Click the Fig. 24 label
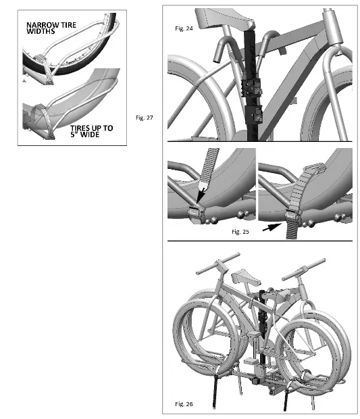[x=184, y=28]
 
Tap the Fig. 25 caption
[x=240, y=232]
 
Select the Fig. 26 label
[x=184, y=403]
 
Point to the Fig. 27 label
[x=145, y=118]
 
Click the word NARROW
[x=43, y=25]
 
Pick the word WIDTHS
[x=41, y=31]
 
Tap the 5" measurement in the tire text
[x=74, y=134]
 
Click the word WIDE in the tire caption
[x=89, y=134]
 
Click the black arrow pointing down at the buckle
[x=201, y=194]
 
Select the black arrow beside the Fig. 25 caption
[x=272, y=227]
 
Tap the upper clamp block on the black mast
[x=251, y=87]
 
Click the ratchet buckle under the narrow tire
[x=41, y=58]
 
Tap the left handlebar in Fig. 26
[x=218, y=264]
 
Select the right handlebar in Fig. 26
[x=304, y=270]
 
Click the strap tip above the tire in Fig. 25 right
[x=315, y=168]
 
